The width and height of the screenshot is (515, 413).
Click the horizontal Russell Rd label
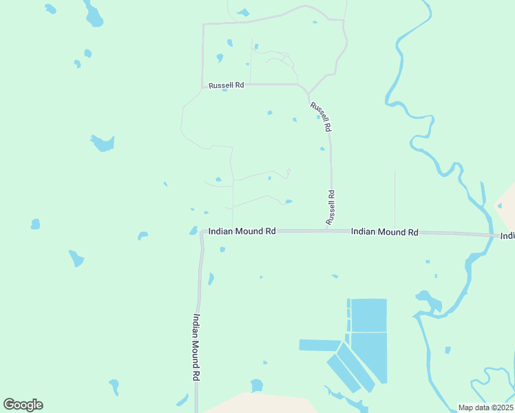tap(227, 85)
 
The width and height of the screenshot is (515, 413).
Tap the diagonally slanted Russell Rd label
tap(321, 116)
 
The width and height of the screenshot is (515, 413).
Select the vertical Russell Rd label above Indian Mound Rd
tap(331, 206)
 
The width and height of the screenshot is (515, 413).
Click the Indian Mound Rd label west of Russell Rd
tap(242, 232)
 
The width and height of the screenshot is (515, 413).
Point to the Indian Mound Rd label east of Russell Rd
tap(384, 233)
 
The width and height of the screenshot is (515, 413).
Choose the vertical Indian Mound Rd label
tap(196, 348)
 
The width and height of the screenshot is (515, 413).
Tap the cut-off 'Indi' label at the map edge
tap(507, 236)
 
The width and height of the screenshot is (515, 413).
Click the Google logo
tap(23, 405)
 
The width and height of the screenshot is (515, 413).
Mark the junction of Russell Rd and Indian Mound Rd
tap(331, 231)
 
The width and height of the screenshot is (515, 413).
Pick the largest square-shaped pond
tap(369, 315)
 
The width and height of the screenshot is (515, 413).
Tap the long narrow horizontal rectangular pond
tap(320, 345)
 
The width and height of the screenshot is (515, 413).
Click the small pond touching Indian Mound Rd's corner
tap(193, 231)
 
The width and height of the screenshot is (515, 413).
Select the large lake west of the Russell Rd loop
tap(103, 142)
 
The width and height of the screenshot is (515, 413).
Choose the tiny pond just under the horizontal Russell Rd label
tap(224, 89)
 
